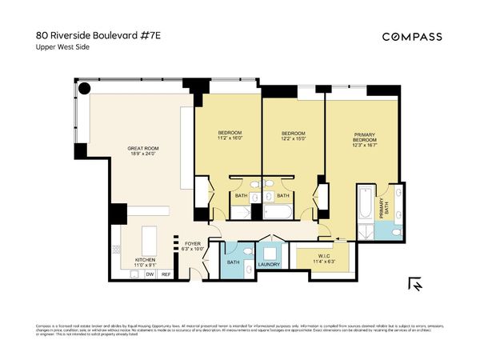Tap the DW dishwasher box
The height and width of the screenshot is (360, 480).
click(149, 274)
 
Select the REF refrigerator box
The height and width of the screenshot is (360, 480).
click(166, 274)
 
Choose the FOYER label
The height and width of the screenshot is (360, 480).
click(192, 244)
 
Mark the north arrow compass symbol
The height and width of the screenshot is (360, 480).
click(415, 284)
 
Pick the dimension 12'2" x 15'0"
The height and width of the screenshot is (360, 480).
click(293, 138)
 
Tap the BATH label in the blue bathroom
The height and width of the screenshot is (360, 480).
click(234, 262)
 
